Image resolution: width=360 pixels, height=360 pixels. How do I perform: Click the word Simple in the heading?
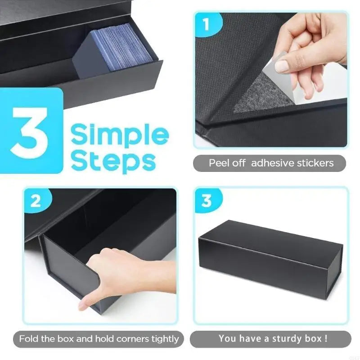point(120,135)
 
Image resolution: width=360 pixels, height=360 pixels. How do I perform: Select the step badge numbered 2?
point(36,201)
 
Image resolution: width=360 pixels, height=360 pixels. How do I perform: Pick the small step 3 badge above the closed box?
point(207,201)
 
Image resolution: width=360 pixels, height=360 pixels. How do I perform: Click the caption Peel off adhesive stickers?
point(271,163)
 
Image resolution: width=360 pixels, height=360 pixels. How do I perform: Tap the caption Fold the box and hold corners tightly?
point(99,339)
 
